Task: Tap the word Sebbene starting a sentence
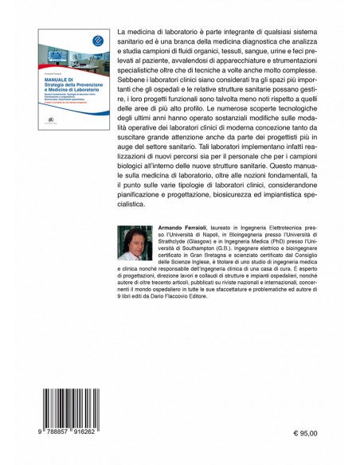(147, 89)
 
